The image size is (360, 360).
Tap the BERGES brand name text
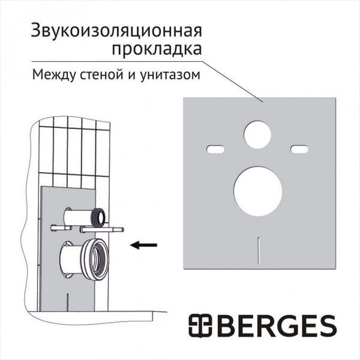tap(284, 326)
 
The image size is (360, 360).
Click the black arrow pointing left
tap(144, 244)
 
